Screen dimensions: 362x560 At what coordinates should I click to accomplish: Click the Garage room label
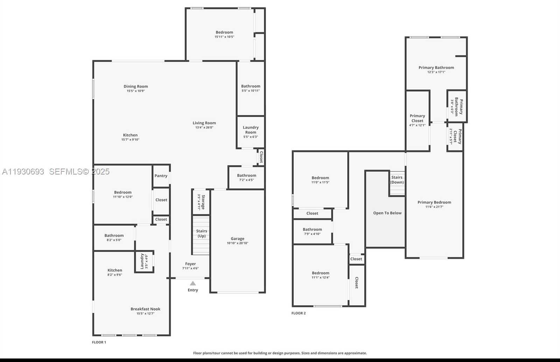237,239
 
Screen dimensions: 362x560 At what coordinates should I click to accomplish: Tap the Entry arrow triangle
193,283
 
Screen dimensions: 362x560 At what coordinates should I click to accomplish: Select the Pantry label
161,176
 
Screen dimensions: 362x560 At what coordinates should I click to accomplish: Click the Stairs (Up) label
202,233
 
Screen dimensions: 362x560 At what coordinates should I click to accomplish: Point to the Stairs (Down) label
397,180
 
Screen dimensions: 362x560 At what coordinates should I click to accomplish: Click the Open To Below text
387,213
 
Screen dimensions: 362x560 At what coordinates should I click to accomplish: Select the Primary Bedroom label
434,202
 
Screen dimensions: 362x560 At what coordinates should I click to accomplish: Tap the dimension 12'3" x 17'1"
436,72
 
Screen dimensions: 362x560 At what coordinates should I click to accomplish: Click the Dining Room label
135,87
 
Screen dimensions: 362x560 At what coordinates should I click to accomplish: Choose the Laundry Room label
251,130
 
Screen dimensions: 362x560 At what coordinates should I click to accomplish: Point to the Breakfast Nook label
145,309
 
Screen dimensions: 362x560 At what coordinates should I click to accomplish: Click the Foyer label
190,264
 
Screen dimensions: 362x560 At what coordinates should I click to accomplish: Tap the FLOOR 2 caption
299,313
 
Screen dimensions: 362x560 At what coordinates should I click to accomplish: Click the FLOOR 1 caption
99,342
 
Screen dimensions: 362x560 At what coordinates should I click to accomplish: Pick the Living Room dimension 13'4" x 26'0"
204,128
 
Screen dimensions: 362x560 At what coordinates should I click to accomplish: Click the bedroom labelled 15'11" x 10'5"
224,34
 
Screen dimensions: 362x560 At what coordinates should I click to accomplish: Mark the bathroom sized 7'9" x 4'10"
312,232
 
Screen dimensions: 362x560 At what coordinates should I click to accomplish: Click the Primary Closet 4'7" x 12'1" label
417,120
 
